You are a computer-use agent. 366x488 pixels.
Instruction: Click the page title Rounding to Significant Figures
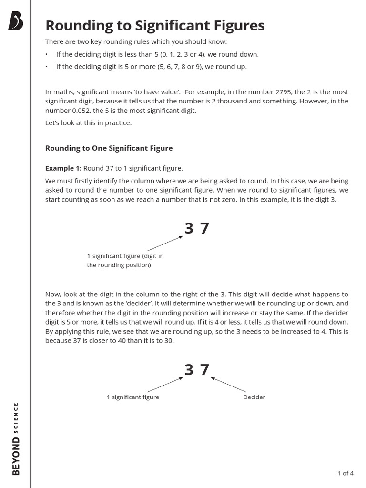click(154, 25)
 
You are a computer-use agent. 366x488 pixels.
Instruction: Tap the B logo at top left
click(16, 21)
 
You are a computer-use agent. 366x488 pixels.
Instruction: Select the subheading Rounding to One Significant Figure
click(109, 148)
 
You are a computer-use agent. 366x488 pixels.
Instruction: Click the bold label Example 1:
click(63, 168)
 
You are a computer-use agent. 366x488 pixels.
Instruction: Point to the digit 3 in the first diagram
click(189, 229)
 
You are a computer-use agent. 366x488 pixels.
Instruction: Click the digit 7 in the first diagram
click(204, 229)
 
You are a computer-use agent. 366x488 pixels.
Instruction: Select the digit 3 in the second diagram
click(189, 369)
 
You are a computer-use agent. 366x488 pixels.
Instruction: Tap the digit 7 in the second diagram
click(204, 369)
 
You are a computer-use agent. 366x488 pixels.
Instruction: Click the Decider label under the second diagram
click(254, 397)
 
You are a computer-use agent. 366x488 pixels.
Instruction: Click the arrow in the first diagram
click(165, 243)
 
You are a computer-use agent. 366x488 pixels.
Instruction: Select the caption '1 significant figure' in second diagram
click(133, 397)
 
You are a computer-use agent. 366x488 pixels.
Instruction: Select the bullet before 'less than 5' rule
click(47, 54)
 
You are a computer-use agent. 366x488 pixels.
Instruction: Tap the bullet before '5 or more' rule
click(47, 67)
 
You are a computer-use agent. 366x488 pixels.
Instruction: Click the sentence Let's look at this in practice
click(88, 123)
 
